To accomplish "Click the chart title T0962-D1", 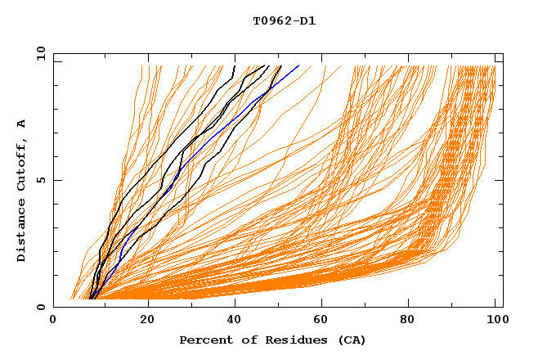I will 284,20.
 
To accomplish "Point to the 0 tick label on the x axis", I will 53,320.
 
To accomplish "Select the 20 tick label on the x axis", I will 147,320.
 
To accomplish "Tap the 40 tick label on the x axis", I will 235,320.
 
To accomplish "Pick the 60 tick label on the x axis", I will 325,320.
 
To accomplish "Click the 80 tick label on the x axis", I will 413,320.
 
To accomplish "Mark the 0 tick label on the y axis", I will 40,307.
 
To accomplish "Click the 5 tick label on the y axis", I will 40,180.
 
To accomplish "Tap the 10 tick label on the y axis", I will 38,53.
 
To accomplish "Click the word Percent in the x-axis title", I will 204,340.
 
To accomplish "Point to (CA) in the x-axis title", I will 352,340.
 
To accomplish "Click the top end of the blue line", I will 299,65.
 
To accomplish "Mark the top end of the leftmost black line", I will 235,65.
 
